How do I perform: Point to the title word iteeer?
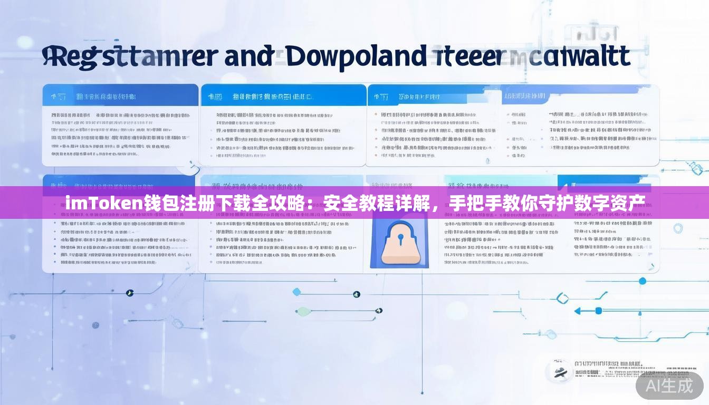coord(467,57)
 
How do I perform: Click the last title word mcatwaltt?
coord(570,57)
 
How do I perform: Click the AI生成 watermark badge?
coord(669,386)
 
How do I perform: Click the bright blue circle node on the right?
coord(642,281)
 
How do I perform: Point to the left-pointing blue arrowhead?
coord(577,311)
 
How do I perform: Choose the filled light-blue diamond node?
coord(296,292)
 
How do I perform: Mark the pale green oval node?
coord(303,311)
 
